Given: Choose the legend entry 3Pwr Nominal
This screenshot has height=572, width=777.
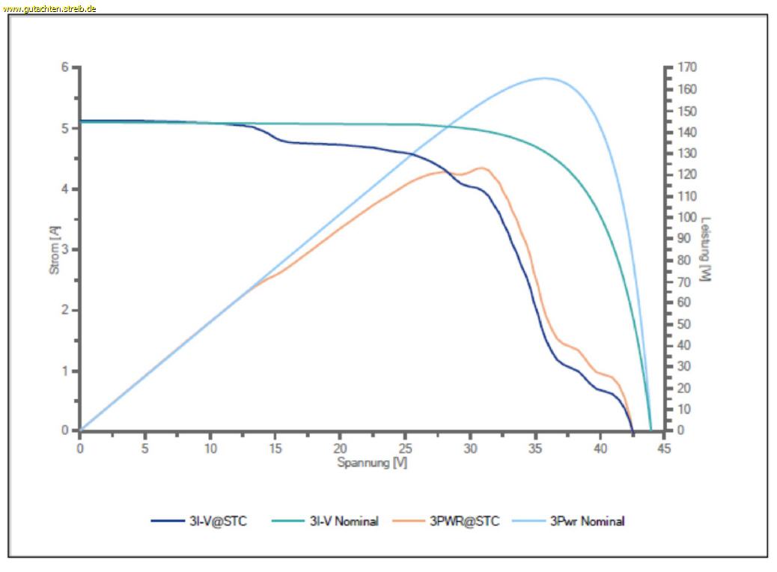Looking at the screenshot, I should point(587,521).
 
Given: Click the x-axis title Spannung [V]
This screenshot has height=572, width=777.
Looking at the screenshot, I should point(372,463).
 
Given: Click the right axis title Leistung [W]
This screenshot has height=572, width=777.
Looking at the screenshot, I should point(705,249).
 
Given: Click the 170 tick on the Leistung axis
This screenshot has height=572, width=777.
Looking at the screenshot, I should point(687,67).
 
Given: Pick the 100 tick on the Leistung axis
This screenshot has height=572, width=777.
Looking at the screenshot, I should point(687,217).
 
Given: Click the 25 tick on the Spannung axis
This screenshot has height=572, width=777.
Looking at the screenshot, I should point(404,448).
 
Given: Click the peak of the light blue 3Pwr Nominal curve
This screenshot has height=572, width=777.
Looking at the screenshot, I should point(544,78).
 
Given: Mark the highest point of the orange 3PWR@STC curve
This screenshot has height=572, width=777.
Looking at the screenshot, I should point(481,168).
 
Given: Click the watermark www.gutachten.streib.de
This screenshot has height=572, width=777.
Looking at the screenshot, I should point(49,8).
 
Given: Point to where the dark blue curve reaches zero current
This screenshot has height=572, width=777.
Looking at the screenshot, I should point(633,431).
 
